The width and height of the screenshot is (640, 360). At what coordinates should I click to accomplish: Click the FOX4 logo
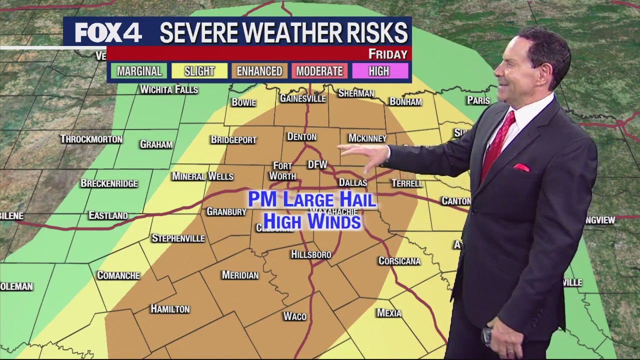108,33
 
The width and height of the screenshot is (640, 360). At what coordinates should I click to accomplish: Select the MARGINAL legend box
139,71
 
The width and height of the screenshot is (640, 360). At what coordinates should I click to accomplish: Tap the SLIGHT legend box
199,71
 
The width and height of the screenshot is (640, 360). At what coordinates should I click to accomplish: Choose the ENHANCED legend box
259,71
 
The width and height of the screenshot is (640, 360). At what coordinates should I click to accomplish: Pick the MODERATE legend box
319,71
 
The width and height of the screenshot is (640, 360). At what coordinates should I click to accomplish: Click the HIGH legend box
379,71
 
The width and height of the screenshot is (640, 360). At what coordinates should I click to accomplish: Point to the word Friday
388,54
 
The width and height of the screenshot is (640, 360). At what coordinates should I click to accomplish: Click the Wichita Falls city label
169,89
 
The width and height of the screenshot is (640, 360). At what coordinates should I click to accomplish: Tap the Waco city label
294,316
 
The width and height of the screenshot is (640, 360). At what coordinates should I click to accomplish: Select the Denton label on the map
301,136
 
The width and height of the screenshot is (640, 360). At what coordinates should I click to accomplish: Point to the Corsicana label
399,261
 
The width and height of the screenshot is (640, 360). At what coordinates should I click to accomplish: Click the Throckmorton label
91,139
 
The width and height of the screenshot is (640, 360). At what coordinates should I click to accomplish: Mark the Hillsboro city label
311,254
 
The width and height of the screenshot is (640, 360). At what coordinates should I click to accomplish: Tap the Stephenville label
178,238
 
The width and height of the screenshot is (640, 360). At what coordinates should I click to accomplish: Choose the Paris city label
478,100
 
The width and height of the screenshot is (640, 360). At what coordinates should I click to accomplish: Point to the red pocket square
521,167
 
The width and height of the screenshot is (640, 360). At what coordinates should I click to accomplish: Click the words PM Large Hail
312,200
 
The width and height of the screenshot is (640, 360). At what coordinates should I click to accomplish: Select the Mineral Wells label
202,176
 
